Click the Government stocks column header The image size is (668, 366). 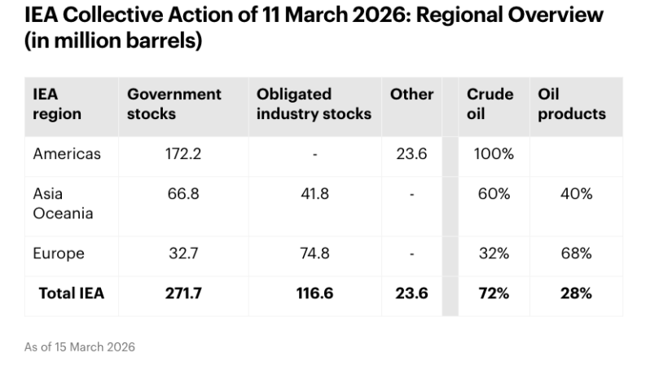coord(174,104)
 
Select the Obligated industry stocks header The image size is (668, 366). coord(314,104)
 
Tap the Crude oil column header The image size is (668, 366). coord(490,104)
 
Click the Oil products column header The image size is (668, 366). coord(571,104)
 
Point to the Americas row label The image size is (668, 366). coord(67,154)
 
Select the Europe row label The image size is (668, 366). coord(59,254)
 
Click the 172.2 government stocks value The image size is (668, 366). coord(183,154)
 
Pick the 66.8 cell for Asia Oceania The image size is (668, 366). coord(183,194)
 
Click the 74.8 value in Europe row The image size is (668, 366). coord(314,254)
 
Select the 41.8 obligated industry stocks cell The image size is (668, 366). coord(314,194)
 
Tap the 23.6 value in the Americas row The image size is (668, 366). coord(411,154)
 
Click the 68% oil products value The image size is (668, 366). coord(576,254)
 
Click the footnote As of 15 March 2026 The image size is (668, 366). coord(79,347)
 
